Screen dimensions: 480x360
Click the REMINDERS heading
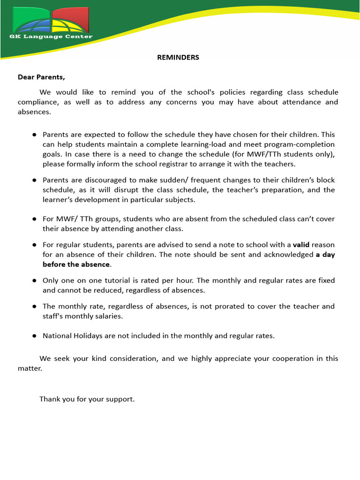178,57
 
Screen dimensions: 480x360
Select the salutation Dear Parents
42,77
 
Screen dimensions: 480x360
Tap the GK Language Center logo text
52,37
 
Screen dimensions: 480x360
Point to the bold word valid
301,245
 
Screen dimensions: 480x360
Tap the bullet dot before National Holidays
34,336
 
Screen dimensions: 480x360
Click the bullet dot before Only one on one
34,281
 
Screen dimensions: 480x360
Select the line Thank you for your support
87,399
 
